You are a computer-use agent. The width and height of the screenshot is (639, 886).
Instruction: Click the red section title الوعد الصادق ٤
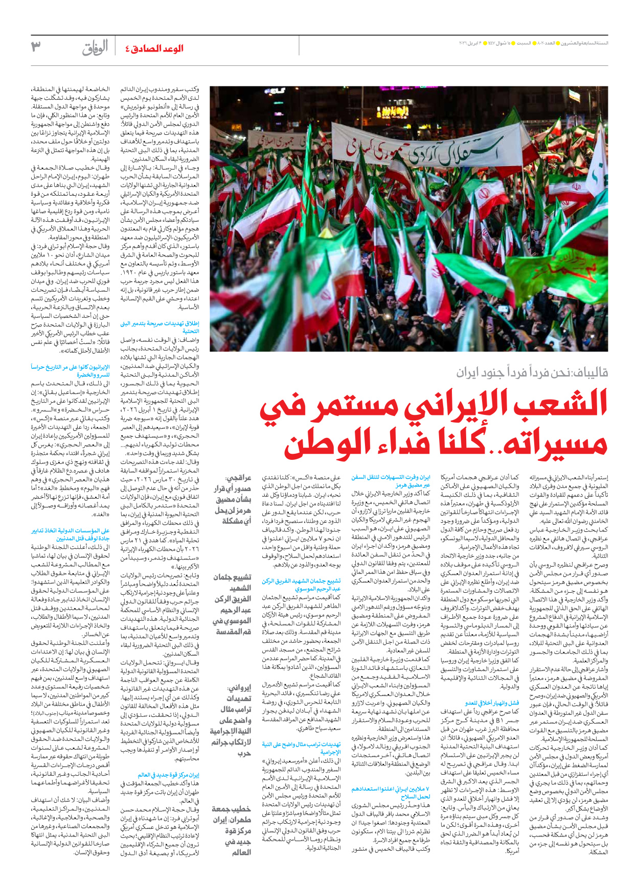pyautogui.click(x=154, y=49)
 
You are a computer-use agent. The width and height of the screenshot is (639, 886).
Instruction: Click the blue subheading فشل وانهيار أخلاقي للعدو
pyautogui.click(x=492, y=703)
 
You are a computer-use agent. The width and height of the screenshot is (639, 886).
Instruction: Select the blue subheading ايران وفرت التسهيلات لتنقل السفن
pyautogui.click(x=391, y=481)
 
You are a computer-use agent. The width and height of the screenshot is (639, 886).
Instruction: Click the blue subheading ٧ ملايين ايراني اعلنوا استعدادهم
pyautogui.click(x=391, y=792)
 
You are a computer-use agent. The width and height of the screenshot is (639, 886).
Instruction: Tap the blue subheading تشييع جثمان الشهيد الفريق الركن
pyautogui.click(x=301, y=585)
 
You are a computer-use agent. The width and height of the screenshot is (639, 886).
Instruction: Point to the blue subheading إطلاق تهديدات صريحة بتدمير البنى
pyautogui.click(x=159, y=327)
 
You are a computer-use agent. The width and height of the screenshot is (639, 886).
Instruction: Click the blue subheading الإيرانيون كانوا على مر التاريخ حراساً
pyautogui.click(x=70, y=370)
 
